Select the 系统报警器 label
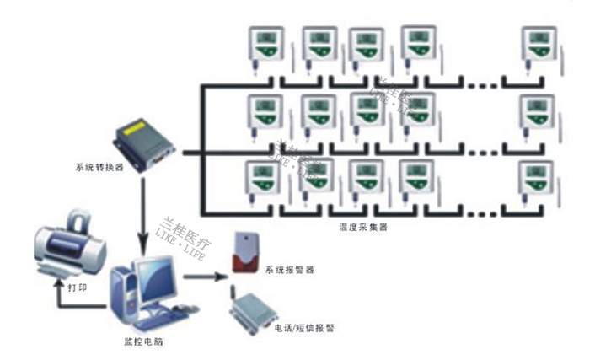pos(290,271)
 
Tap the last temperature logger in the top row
pos(538,47)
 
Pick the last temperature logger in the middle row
pos(536,113)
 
